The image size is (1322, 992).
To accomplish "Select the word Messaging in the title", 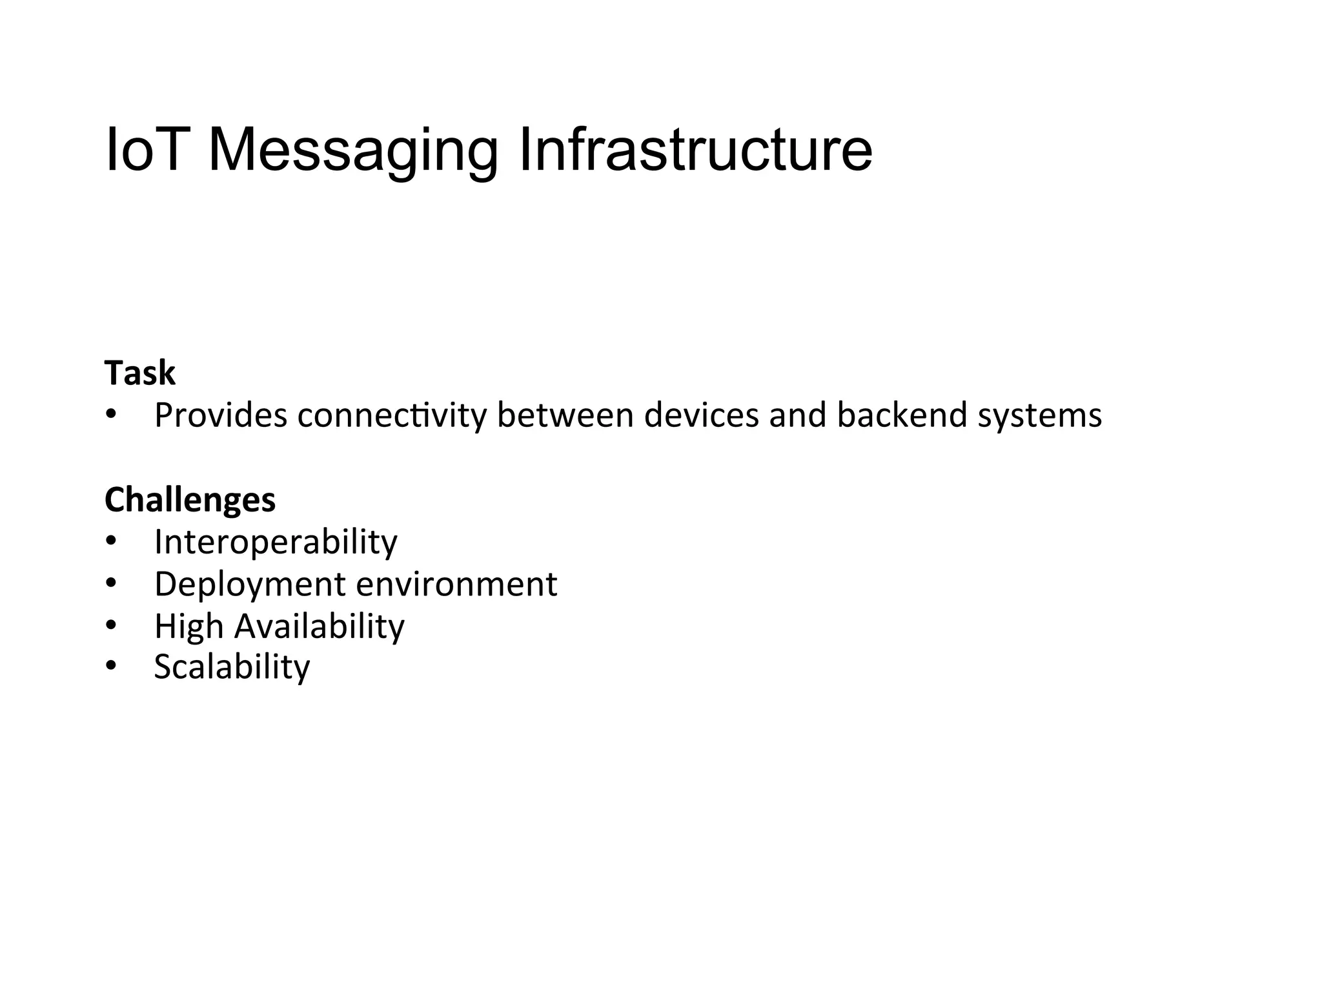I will (x=353, y=152).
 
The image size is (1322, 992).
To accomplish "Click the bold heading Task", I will (x=139, y=373).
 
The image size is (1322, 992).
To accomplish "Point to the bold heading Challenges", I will (x=190, y=500).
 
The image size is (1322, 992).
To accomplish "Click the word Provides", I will (x=221, y=415).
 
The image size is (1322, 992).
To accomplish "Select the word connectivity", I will (x=392, y=415).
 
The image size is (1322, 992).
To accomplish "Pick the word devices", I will (x=702, y=415).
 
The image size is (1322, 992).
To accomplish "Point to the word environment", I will (x=456, y=584).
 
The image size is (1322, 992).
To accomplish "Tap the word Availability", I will (x=319, y=626).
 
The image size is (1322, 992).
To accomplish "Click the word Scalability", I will (x=232, y=668).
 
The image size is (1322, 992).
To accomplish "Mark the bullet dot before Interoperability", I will (x=111, y=541).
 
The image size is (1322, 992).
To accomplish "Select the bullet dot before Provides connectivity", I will (x=111, y=415).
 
